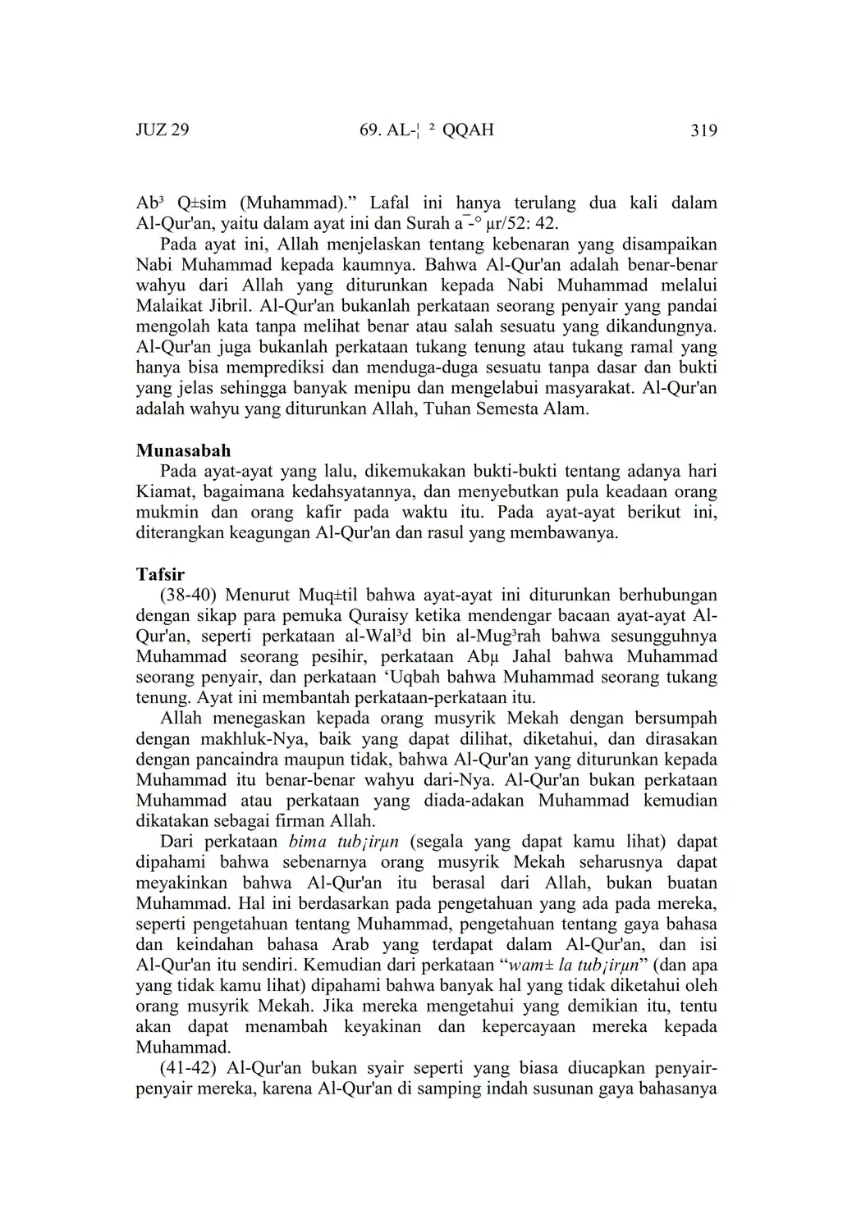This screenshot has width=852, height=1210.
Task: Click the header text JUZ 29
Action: coord(163,130)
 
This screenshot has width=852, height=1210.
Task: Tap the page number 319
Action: coord(703,130)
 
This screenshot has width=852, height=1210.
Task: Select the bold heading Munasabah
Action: coord(183,450)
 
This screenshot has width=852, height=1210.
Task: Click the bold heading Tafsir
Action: coord(160,574)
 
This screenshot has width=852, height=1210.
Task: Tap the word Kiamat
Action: coord(163,492)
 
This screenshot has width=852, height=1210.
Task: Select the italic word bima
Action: coord(308,842)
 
